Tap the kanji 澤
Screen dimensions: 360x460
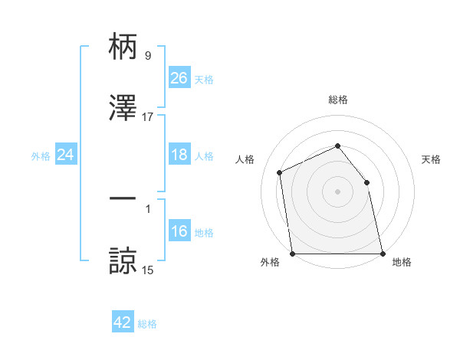(123, 107)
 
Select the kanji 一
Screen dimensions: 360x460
(123, 199)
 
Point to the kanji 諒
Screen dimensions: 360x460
(123, 260)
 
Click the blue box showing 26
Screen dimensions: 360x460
(179, 78)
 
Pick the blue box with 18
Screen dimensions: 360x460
(179, 155)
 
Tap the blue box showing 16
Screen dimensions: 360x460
(179, 232)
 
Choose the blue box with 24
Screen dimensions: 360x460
(66, 155)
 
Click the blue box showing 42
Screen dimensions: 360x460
(123, 322)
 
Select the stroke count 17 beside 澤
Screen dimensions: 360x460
(148, 117)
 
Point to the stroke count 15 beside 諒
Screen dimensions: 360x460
(148, 270)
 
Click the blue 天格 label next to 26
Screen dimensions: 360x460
(204, 79)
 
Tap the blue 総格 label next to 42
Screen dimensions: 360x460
(147, 324)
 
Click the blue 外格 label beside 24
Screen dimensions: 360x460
(41, 155)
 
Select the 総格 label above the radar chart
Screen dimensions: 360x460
(338, 100)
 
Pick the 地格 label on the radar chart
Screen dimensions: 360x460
(402, 262)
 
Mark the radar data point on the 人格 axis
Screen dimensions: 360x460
(280, 172)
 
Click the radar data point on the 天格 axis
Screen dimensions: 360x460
(366, 182)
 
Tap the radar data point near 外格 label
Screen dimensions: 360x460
(293, 254)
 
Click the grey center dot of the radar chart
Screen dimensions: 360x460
(338, 191)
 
